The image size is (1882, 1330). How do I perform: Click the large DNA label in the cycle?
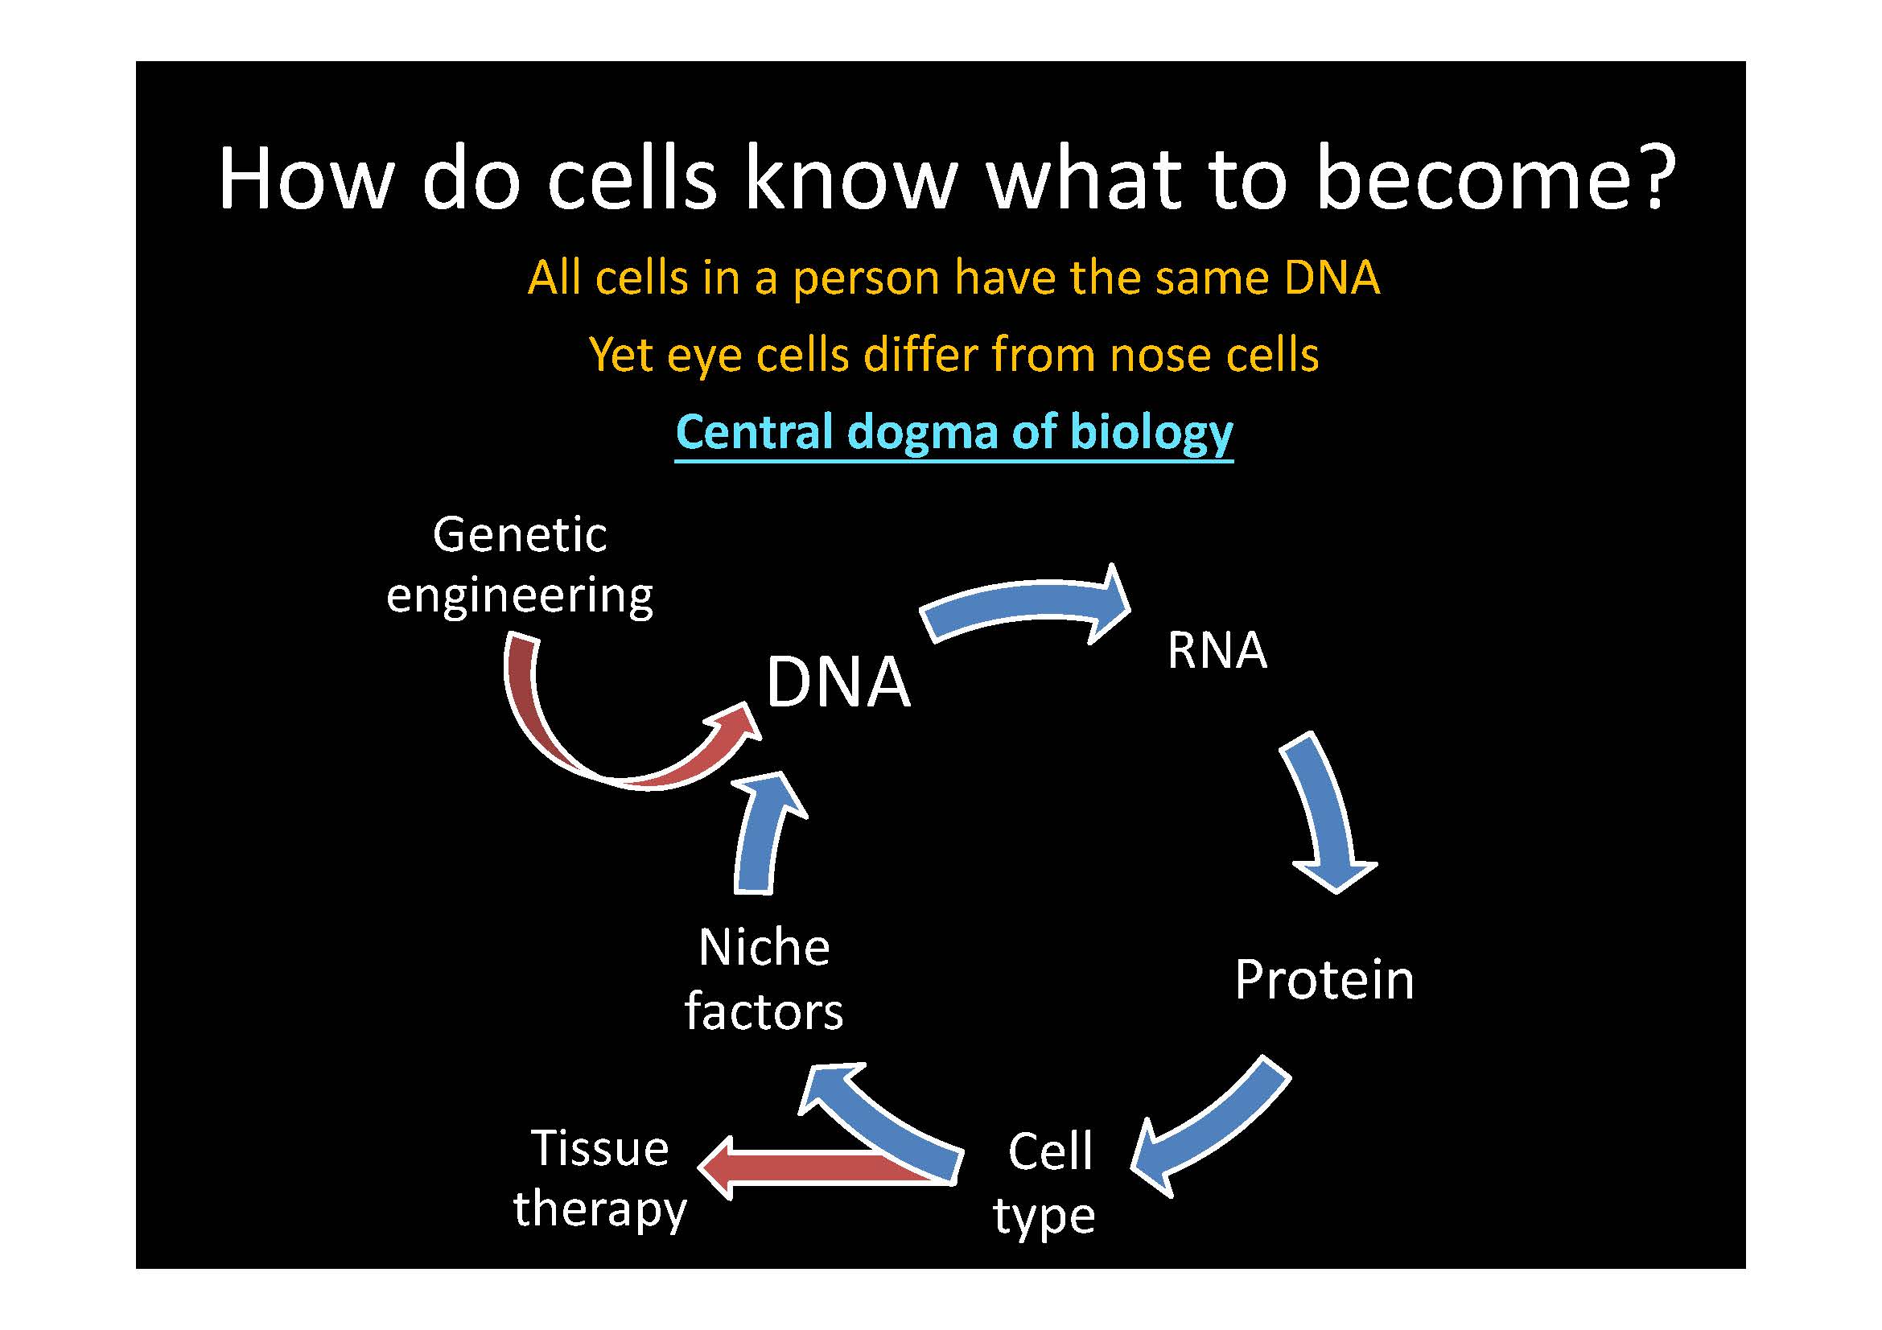[837, 682]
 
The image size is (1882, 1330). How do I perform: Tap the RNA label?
[1217, 651]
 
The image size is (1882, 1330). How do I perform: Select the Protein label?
[1324, 979]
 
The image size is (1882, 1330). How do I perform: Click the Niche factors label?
[763, 979]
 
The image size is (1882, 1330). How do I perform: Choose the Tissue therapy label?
[599, 1178]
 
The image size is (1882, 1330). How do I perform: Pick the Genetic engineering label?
[520, 565]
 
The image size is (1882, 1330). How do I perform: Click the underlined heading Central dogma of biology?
[953, 432]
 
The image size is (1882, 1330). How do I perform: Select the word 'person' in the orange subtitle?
[866, 278]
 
